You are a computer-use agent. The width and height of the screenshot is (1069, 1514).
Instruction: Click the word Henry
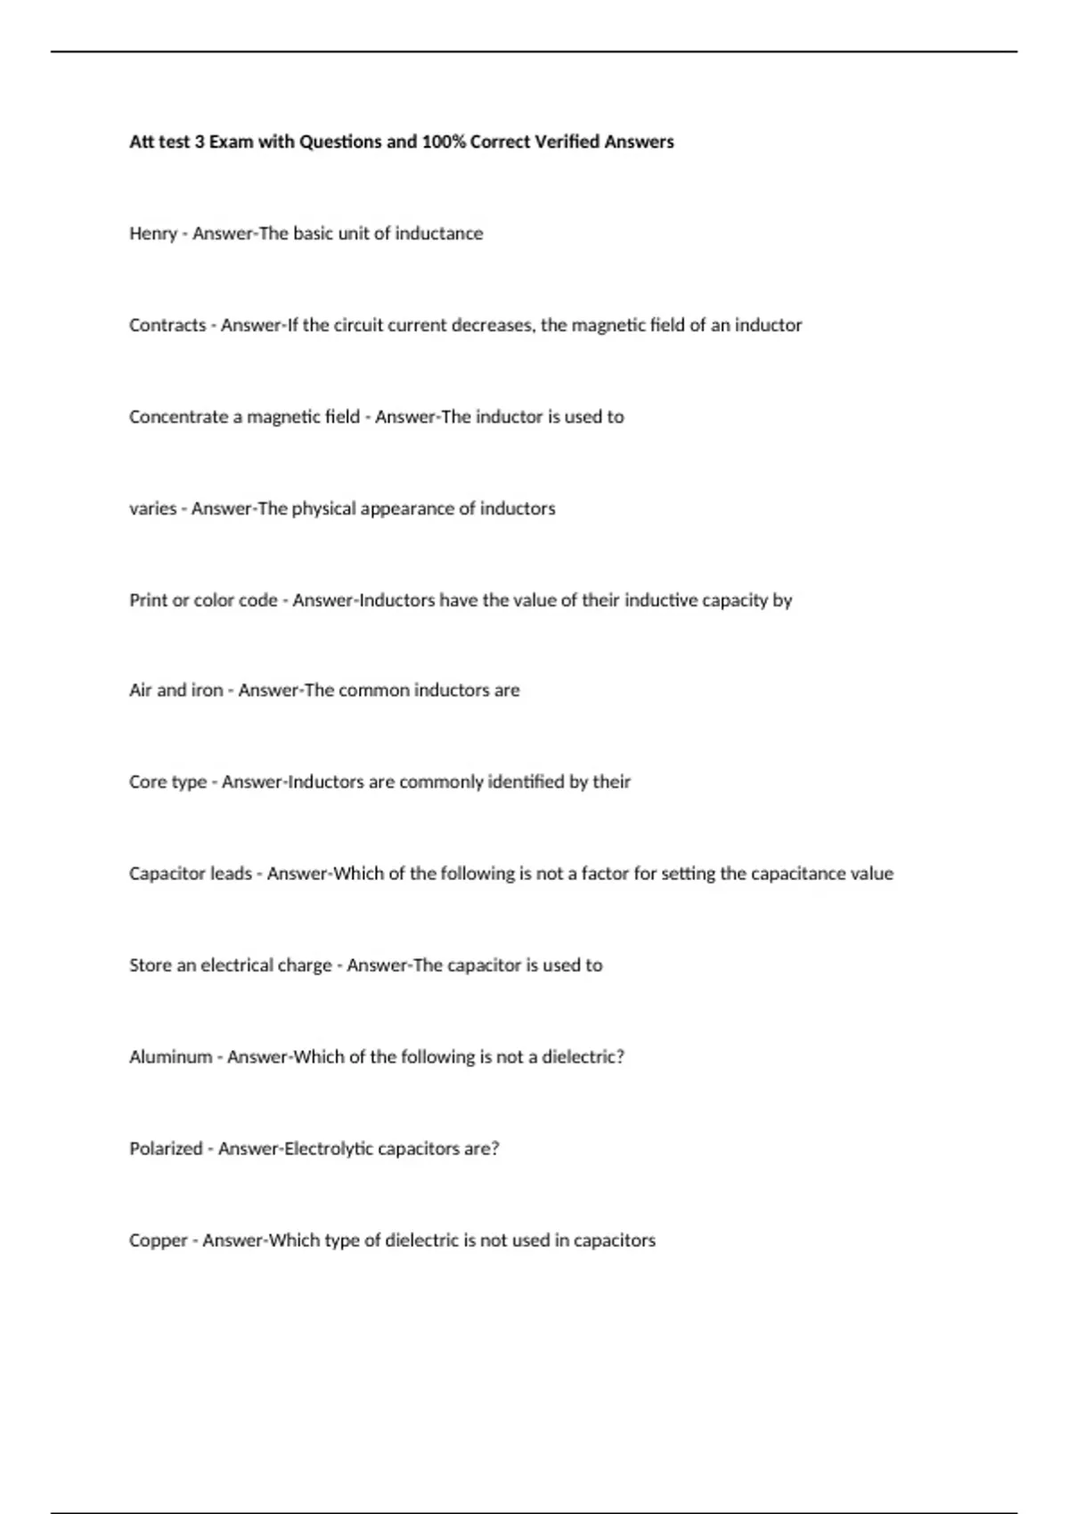pyautogui.click(x=153, y=234)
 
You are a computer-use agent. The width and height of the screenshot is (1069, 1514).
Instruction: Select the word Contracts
pyautogui.click(x=167, y=325)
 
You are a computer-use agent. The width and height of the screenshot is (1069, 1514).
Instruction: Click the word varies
pyautogui.click(x=153, y=509)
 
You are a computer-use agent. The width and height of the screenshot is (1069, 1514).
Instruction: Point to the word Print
pyautogui.click(x=148, y=600)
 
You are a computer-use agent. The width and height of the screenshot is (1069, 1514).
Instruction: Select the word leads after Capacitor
pyautogui.click(x=231, y=874)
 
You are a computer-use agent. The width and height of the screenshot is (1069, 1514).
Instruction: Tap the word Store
pyautogui.click(x=151, y=965)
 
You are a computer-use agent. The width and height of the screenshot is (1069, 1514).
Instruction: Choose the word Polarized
pyautogui.click(x=166, y=1149)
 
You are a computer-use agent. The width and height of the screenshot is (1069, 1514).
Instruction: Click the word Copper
pyautogui.click(x=159, y=1241)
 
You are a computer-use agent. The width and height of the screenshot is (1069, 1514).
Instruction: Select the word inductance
pyautogui.click(x=439, y=233)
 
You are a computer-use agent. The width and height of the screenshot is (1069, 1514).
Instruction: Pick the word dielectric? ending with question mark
pyautogui.click(x=583, y=1057)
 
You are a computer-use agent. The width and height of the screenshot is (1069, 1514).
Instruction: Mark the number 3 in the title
pyautogui.click(x=200, y=142)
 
